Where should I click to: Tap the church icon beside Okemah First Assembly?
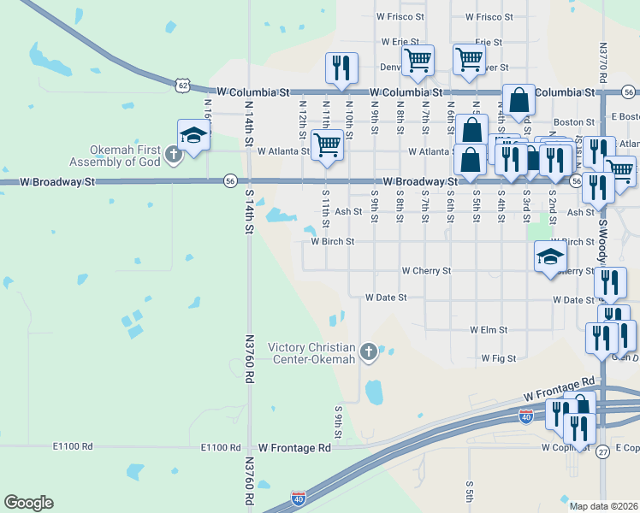tap(175, 155)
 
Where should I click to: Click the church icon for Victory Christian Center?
tap(369, 351)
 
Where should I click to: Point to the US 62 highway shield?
tap(182, 85)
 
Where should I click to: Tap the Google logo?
tap(28, 503)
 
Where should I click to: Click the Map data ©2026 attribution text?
tap(604, 506)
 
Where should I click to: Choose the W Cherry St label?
tap(426, 271)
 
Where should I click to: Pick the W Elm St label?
tap(489, 329)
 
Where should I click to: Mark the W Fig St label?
tap(498, 358)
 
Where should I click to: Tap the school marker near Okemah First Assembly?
tap(194, 136)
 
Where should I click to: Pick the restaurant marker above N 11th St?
tap(341, 68)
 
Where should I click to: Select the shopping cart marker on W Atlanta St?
tap(326, 145)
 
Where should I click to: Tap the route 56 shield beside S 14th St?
tap(230, 180)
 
